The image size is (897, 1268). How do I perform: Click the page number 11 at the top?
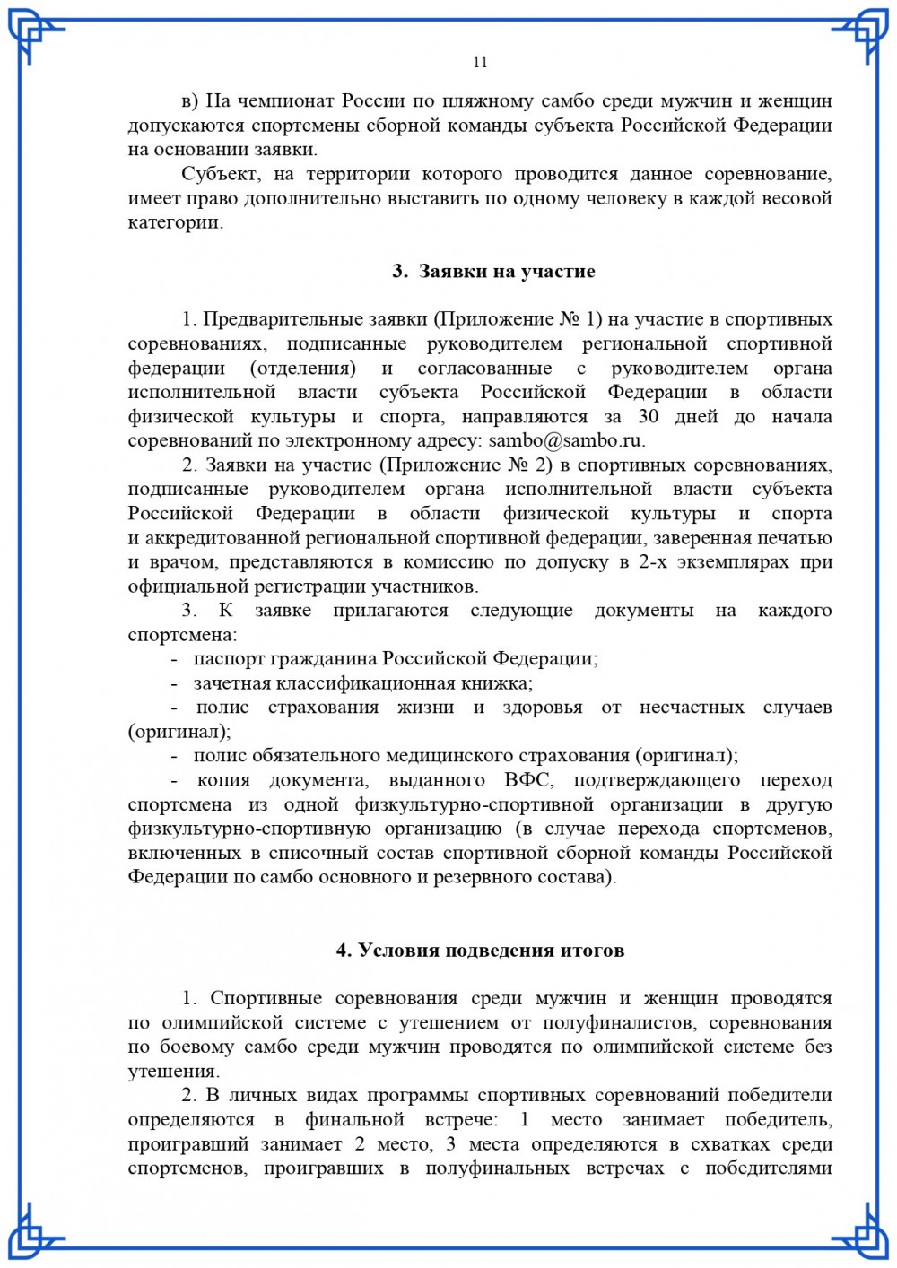480,62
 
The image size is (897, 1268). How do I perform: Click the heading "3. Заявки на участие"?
493,271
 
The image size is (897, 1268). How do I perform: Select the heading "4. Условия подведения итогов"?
480,950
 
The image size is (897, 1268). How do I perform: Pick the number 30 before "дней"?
649,416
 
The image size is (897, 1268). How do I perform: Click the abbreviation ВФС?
528,780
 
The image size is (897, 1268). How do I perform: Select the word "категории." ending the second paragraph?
176,222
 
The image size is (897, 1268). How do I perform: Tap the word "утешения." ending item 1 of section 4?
173,1071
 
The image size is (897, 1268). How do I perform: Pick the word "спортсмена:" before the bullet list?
182,635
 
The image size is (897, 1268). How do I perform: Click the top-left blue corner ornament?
36,36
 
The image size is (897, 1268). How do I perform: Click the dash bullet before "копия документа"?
175,780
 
